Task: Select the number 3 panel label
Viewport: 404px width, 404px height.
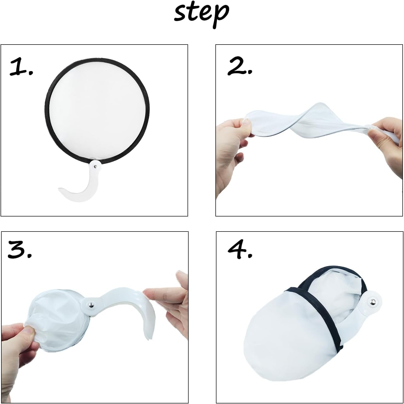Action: [x=20, y=249]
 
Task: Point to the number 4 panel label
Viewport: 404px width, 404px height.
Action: [x=240, y=250]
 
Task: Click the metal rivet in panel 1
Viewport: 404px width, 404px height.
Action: [x=95, y=166]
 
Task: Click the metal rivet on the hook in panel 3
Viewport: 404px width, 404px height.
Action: [x=91, y=304]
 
